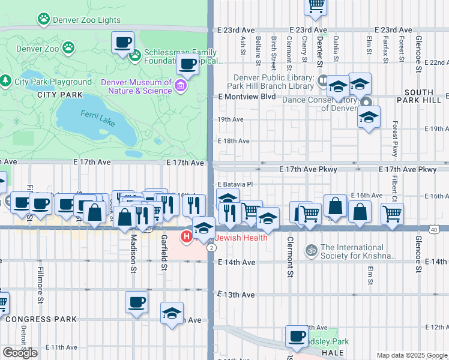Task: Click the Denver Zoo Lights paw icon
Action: pyautogui.click(x=43, y=20)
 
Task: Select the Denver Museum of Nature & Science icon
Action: pyautogui.click(x=180, y=86)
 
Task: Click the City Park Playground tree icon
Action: pyautogui.click(x=6, y=80)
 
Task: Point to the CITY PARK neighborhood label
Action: pyautogui.click(x=59, y=95)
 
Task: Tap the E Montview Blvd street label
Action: pyautogui.click(x=247, y=97)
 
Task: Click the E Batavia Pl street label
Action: pyautogui.click(x=235, y=184)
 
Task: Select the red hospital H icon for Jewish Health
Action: pyautogui.click(x=187, y=238)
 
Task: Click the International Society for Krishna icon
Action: pyautogui.click(x=311, y=249)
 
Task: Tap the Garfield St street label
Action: pyautogui.click(x=164, y=254)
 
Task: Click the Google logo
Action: pyautogui.click(x=20, y=353)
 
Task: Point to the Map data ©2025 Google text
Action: pyautogui.click(x=411, y=355)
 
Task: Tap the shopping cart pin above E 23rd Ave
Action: pyautogui.click(x=316, y=5)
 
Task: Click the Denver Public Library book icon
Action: pyautogui.click(x=323, y=80)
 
